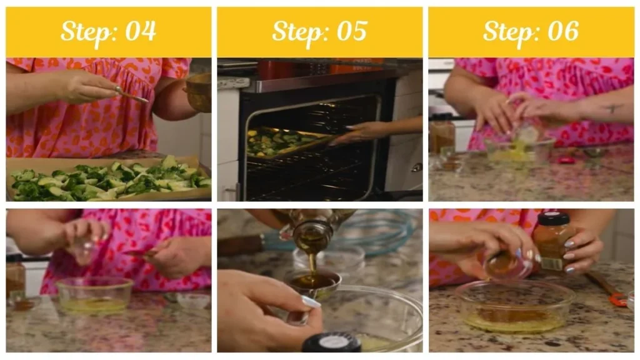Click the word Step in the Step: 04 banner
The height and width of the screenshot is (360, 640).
(86, 32)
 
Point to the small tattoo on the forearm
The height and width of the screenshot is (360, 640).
(613, 108)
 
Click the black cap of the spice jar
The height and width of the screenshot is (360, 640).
(552, 219)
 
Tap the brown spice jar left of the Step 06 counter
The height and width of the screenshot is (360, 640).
(442, 135)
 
